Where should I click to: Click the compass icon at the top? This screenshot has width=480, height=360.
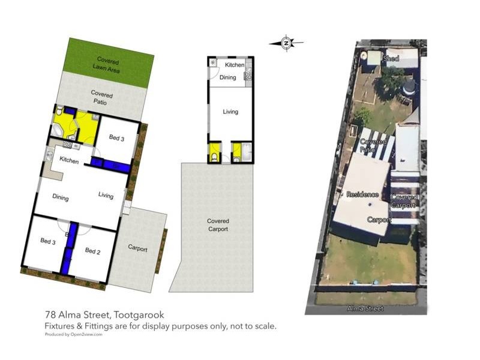(x=286, y=42)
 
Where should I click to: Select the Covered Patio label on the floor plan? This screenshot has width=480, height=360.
(x=101, y=98)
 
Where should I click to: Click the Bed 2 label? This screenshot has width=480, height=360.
(x=92, y=250)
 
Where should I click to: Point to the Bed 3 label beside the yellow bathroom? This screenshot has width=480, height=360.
(x=116, y=138)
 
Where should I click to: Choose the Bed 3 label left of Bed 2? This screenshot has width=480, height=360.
(x=48, y=241)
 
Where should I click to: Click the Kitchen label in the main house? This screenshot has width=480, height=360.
(x=69, y=160)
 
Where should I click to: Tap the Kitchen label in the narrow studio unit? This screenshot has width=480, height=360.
(x=235, y=64)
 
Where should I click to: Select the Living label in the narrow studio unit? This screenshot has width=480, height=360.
(x=230, y=112)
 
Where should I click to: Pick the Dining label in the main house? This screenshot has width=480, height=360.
(x=61, y=198)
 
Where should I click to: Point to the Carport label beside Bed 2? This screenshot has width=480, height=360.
(x=137, y=248)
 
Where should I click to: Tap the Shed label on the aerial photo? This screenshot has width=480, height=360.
(x=391, y=59)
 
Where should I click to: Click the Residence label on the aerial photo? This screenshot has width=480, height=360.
(x=362, y=194)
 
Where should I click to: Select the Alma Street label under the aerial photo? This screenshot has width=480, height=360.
(x=365, y=308)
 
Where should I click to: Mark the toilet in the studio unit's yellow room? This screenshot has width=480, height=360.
(x=215, y=158)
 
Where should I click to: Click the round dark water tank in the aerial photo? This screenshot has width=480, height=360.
(x=409, y=87)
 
